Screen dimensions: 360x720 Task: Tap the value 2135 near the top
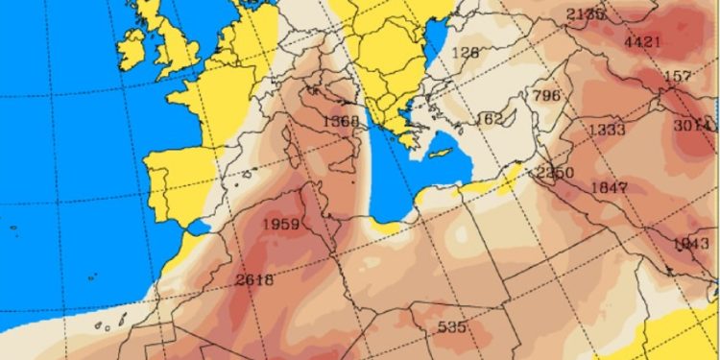click(x=586, y=13)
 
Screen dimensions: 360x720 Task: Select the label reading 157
click(x=678, y=76)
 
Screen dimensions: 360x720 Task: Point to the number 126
click(x=465, y=53)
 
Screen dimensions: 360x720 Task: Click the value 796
click(x=545, y=95)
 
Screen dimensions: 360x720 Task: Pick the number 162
click(x=490, y=118)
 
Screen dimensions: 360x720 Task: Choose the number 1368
click(x=341, y=121)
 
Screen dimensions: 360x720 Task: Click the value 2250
click(x=555, y=173)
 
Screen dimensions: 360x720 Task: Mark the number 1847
click(x=610, y=186)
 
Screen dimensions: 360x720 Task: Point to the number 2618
click(x=253, y=280)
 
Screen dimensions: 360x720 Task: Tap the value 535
click(x=451, y=326)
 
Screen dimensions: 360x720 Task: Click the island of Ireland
click(x=132, y=42)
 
